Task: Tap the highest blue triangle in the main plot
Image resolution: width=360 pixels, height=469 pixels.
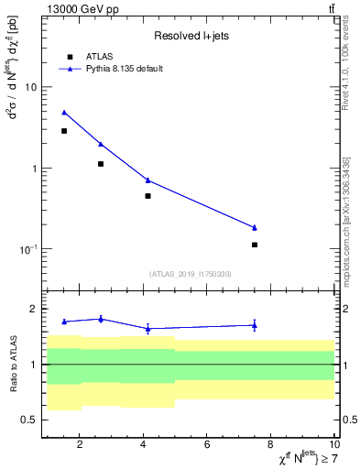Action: [x=64, y=113]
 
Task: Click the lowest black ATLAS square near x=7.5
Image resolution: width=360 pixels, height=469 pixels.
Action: [x=255, y=245]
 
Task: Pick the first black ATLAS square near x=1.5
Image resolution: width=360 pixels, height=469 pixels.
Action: [x=64, y=131]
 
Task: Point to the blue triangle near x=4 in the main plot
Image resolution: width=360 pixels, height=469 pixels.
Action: [x=147, y=180]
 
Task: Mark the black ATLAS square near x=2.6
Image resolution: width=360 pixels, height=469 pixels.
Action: [x=100, y=164]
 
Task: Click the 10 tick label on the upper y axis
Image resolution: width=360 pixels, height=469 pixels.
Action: [x=30, y=88]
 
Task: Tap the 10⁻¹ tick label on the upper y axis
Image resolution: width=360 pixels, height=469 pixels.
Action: [x=27, y=249]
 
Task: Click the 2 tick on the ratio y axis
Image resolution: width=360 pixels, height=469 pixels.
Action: [x=33, y=309]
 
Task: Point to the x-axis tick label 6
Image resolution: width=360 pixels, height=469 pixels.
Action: [x=207, y=445]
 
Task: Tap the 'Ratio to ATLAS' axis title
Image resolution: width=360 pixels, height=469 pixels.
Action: [x=12, y=365]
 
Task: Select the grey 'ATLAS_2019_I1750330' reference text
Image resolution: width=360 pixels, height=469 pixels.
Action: [x=191, y=274]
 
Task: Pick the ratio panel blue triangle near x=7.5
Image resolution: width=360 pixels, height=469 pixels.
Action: [x=255, y=324]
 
